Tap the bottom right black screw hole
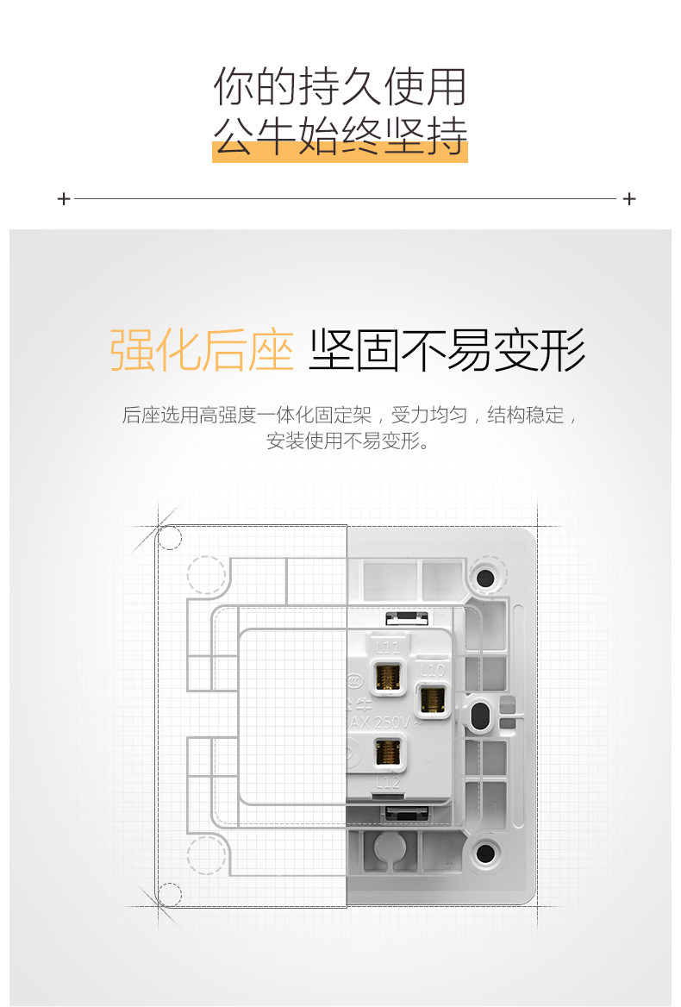[x=484, y=854]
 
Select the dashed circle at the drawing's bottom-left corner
[x=170, y=894]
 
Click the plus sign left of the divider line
[x=63, y=199]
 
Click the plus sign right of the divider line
[x=629, y=199]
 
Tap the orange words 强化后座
[x=202, y=350]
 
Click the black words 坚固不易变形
[x=447, y=350]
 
